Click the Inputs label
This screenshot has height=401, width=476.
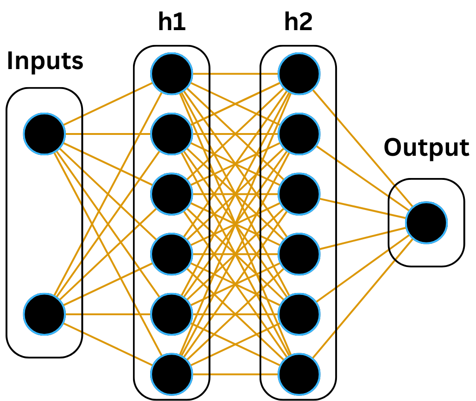(x=45, y=61)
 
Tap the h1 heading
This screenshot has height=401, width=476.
(x=172, y=22)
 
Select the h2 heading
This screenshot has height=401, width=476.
(x=298, y=22)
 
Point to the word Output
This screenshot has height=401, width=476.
(x=426, y=147)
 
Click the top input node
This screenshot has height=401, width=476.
(x=44, y=134)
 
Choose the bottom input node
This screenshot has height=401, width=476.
(x=44, y=314)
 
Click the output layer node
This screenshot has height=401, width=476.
(x=426, y=223)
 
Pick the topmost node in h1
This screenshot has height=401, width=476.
(x=172, y=74)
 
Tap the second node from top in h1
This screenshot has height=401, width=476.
(x=172, y=134)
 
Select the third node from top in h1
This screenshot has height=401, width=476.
(x=172, y=194)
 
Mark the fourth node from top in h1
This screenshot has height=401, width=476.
(x=172, y=254)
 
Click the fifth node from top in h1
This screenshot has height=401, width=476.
(x=172, y=314)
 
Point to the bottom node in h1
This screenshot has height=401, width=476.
(x=172, y=374)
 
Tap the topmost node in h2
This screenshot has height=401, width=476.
(x=299, y=74)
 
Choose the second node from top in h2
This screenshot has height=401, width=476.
(x=299, y=134)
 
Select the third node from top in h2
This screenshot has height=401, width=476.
(x=299, y=194)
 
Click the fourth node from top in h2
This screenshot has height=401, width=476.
(x=299, y=254)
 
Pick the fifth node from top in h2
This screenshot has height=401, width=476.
(x=299, y=314)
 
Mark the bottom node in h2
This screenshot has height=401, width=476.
(x=299, y=374)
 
